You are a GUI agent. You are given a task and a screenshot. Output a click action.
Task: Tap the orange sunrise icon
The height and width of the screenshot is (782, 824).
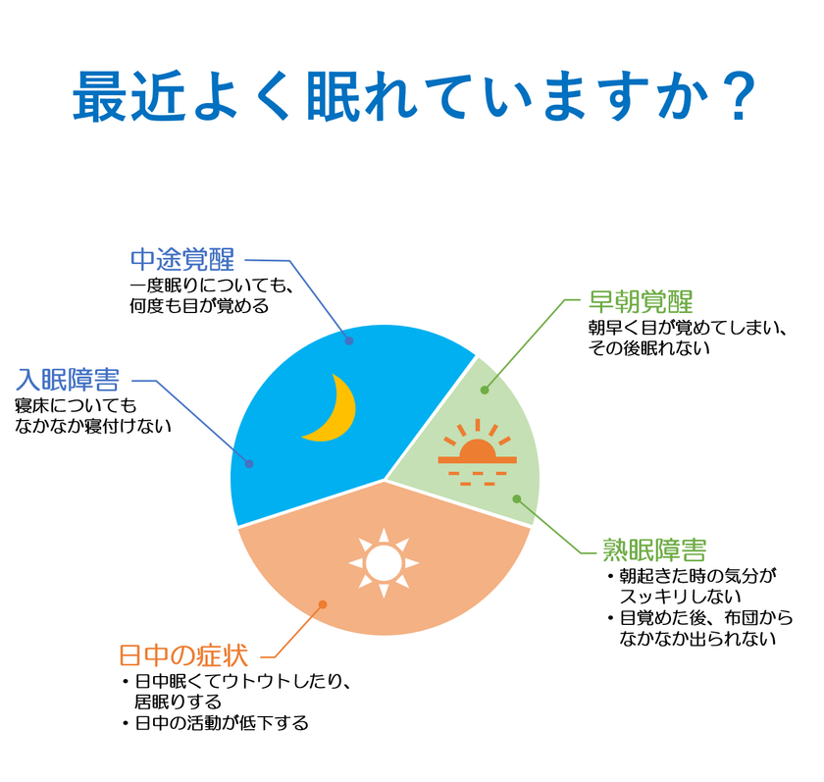pyautogui.click(x=477, y=452)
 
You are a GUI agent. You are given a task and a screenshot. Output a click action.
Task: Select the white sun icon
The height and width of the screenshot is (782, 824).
pyautogui.click(x=384, y=563)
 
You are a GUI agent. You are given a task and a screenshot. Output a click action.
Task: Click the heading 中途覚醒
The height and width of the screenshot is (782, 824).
pyautogui.click(x=182, y=260)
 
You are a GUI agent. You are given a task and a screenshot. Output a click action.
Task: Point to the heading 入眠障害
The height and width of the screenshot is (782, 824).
pyautogui.click(x=68, y=380)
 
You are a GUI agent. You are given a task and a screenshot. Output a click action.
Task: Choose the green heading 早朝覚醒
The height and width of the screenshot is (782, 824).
pyautogui.click(x=641, y=301)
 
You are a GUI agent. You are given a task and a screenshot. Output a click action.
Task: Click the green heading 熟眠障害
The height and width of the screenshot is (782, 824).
pyautogui.click(x=654, y=549)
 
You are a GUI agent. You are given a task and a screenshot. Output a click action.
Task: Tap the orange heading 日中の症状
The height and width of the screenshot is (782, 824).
pyautogui.click(x=183, y=655)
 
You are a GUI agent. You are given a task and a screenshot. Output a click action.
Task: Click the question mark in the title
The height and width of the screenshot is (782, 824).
pyautogui.click(x=739, y=97)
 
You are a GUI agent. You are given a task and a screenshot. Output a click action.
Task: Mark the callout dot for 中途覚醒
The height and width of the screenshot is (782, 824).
pyautogui.click(x=349, y=340)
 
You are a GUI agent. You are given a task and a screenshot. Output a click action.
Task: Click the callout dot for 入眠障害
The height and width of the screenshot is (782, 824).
pyautogui.click(x=249, y=463)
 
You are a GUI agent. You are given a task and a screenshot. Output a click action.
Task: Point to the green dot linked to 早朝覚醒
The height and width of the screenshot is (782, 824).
pyautogui.click(x=485, y=390)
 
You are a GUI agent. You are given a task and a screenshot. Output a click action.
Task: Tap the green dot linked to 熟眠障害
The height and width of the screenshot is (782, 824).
pyautogui.click(x=517, y=498)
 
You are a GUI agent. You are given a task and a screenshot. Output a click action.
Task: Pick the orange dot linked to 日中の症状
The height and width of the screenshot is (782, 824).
pyautogui.click(x=323, y=604)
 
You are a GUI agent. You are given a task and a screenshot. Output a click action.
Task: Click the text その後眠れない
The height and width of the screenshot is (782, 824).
pyautogui.click(x=649, y=348)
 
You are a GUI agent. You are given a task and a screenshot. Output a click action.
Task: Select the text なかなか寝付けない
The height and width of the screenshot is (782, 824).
pyautogui.click(x=93, y=426)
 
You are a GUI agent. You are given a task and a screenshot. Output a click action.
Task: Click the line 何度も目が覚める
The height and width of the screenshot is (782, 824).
pyautogui.click(x=199, y=306)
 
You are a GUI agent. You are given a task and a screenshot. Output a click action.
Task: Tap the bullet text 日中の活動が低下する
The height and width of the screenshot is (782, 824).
pyautogui.click(x=222, y=723)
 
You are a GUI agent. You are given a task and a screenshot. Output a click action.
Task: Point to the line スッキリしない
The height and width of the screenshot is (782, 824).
pyautogui.click(x=680, y=597)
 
